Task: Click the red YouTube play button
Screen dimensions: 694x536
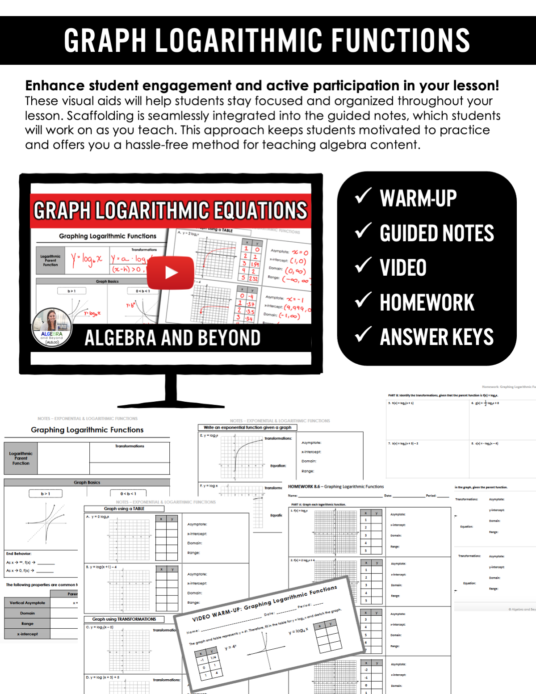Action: pyautogui.click(x=171, y=273)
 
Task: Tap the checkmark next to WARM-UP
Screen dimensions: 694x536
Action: pyautogui.click(x=363, y=196)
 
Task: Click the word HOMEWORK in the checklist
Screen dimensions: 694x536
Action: pyautogui.click(x=427, y=303)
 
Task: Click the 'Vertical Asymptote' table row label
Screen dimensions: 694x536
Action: pyautogui.click(x=27, y=603)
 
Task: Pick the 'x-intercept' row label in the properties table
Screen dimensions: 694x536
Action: pyautogui.click(x=27, y=634)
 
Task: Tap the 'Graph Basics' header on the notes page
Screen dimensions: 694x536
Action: pyautogui.click(x=87, y=483)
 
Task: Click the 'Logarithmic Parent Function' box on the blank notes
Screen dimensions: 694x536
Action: pyautogui.click(x=21, y=458)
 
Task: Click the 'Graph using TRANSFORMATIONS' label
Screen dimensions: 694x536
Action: pyautogui.click(x=124, y=619)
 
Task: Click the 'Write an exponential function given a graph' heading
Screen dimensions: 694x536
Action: pyautogui.click(x=247, y=428)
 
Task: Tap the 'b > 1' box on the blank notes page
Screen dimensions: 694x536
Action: pyautogui.click(x=46, y=494)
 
